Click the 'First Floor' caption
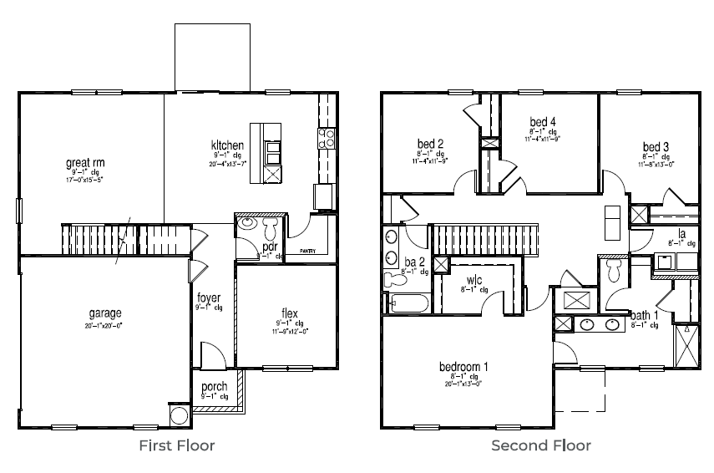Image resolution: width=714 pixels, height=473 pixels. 176,445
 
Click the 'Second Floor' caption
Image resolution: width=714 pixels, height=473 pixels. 540,445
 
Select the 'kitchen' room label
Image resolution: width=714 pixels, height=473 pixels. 227,145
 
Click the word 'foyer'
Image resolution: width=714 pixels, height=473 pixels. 209,298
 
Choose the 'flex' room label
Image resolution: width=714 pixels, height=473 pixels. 289,314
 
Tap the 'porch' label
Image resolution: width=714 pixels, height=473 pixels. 215,387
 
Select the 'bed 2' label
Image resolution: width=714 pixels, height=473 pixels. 429,143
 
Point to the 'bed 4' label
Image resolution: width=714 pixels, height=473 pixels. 542,122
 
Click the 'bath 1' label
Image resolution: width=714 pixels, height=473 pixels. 644,315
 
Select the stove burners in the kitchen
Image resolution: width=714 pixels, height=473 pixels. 327,137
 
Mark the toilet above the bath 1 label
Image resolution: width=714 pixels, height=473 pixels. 613,270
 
